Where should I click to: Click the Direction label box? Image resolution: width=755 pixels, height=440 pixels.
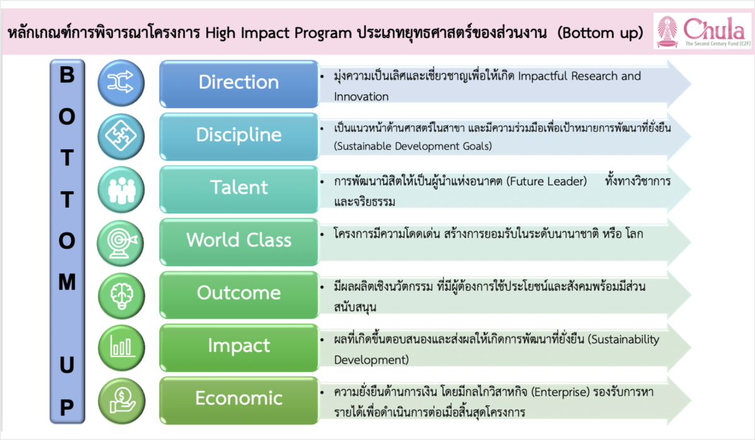(x=238, y=82)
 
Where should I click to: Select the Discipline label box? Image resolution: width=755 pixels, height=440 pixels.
(x=238, y=135)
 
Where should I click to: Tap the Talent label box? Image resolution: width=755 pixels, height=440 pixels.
(x=238, y=188)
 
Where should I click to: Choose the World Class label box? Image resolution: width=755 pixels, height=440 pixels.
(x=238, y=240)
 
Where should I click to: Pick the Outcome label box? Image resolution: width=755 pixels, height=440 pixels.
(x=238, y=293)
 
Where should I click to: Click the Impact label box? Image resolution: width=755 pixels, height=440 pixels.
(x=238, y=346)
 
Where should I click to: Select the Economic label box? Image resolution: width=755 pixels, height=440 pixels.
(x=238, y=398)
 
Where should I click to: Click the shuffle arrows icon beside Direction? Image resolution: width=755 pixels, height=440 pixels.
(x=121, y=82)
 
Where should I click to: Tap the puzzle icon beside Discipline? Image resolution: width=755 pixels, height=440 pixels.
(x=121, y=135)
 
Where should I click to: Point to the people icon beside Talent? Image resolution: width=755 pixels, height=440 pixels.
(x=121, y=188)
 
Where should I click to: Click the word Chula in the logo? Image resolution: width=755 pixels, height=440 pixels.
(x=713, y=28)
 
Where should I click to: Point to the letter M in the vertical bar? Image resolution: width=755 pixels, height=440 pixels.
(x=67, y=283)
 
